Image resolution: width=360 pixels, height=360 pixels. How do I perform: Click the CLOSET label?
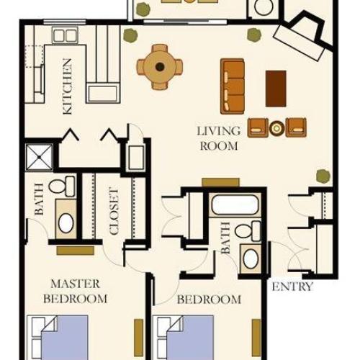pyautogui.click(x=113, y=211)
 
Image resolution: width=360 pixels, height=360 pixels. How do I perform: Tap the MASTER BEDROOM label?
pyautogui.click(x=76, y=290)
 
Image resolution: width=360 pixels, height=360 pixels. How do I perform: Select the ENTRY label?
pyautogui.click(x=292, y=287)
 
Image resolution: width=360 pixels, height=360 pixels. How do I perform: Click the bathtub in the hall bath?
pyautogui.click(x=235, y=205)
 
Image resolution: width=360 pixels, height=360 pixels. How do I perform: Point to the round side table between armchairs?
pyautogui.click(x=276, y=127)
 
